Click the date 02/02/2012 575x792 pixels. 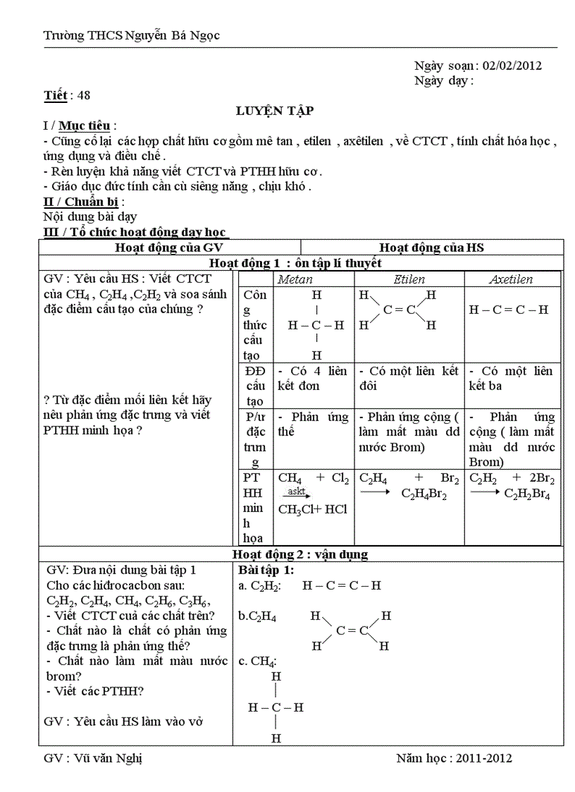tap(512, 66)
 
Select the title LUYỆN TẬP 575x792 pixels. tap(275, 111)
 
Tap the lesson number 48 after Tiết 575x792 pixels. tap(84, 95)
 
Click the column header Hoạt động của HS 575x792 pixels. tap(431, 248)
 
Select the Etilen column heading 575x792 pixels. tap(409, 279)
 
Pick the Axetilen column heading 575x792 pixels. tap(511, 279)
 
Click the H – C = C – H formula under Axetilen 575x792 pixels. tap(508, 310)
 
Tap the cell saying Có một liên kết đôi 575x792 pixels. tap(408, 378)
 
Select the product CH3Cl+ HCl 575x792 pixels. tap(313, 508)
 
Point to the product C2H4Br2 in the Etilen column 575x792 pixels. tap(425, 494)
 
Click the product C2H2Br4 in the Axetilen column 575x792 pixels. tap(528, 494)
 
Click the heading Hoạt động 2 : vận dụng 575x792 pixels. tap(300, 554)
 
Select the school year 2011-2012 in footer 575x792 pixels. tap(483, 759)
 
